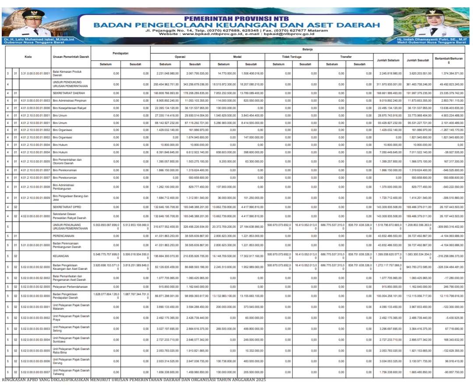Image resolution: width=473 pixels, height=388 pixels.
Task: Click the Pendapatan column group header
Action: point(121,53)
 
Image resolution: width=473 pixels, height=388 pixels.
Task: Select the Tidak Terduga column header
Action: point(292,56)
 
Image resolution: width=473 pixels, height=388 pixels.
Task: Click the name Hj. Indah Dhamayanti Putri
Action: point(430,39)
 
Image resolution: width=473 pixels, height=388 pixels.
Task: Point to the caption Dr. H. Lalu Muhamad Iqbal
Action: point(39,39)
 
